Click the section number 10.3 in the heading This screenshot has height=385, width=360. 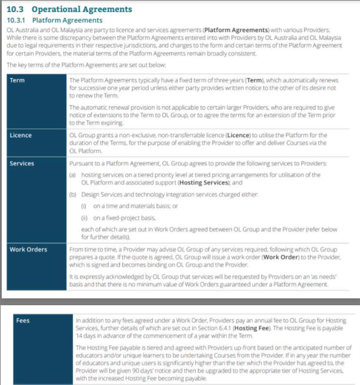pos(16,9)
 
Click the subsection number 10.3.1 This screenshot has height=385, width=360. pos(17,20)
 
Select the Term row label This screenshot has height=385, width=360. pos(17,80)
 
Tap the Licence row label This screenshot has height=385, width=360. pos(21,135)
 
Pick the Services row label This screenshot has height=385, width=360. pos(22,164)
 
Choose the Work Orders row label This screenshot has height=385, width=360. pos(28,250)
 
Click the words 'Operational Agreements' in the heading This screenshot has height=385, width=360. pos(82,9)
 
